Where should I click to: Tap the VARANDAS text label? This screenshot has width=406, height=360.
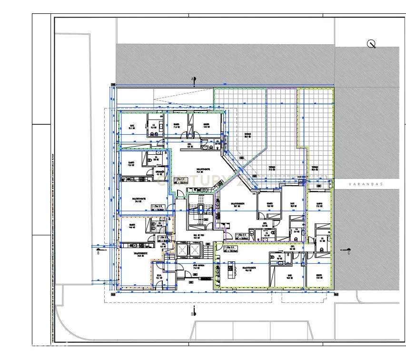click(366, 184)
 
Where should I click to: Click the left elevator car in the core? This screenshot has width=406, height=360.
click(183, 250)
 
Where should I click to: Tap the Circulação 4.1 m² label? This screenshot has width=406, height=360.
click(160, 173)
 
